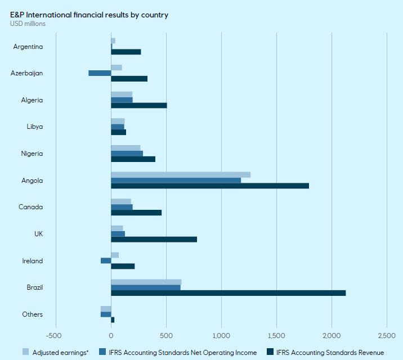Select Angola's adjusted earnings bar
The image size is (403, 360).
tap(181, 174)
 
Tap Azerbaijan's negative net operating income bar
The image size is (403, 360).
tap(100, 73)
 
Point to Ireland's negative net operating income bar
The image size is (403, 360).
tap(106, 260)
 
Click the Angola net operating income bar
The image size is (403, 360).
tap(176, 180)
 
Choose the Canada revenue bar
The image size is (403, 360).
tap(136, 213)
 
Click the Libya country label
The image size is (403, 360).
tap(35, 127)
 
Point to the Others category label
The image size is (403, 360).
tap(33, 314)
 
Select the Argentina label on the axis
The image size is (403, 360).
tap(28, 46)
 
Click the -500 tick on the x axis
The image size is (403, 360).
tap(56, 336)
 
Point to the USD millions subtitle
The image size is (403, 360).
tap(28, 24)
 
